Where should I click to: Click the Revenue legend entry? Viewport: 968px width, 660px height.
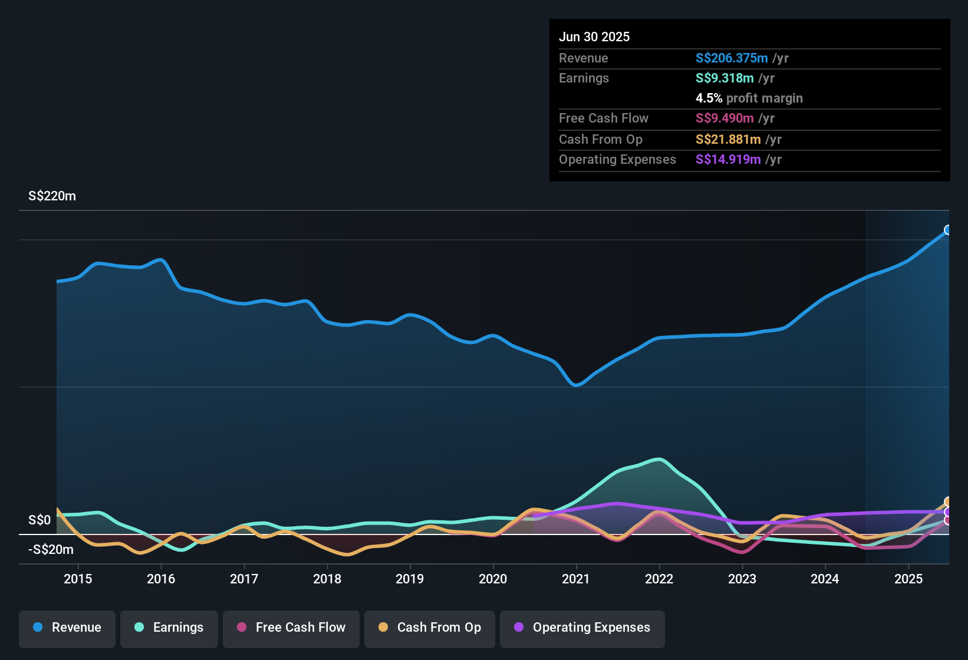(67, 628)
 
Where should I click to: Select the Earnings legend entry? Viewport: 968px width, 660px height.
(169, 628)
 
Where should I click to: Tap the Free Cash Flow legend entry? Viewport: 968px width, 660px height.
(291, 628)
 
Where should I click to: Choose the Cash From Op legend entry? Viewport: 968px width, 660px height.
(430, 628)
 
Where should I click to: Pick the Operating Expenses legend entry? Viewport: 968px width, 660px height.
(582, 628)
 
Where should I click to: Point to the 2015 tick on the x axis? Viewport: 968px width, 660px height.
(78, 579)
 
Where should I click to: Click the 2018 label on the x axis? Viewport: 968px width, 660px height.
(327, 579)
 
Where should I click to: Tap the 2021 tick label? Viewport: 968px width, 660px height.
(576, 579)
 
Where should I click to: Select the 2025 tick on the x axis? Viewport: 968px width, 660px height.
(908, 579)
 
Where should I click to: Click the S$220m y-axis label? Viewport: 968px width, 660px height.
(52, 196)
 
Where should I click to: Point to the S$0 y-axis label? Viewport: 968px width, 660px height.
(39, 520)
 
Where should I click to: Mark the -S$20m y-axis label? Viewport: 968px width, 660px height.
(51, 550)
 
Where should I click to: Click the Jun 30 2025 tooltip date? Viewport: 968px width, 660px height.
(594, 37)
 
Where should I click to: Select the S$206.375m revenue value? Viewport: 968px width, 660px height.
(732, 58)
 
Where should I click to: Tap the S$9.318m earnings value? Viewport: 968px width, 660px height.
(725, 78)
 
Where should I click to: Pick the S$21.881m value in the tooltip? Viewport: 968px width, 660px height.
(728, 139)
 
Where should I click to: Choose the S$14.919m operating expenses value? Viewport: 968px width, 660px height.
(728, 159)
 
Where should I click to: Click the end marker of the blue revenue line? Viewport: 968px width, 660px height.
(948, 230)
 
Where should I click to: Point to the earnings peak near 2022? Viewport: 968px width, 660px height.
(658, 459)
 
